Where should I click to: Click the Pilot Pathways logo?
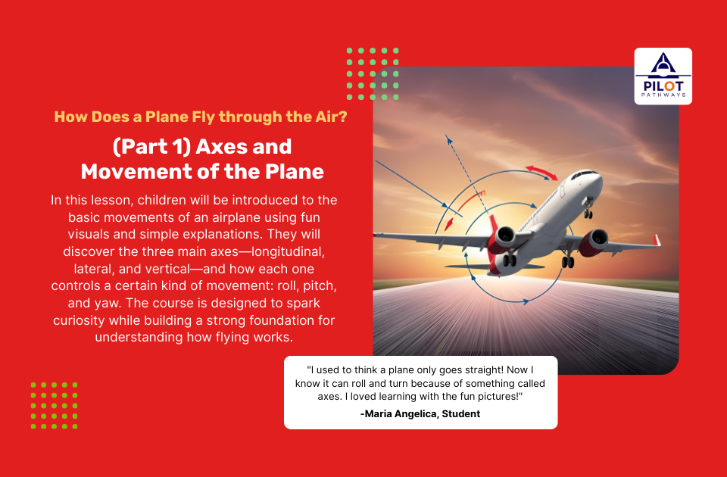coord(663,76)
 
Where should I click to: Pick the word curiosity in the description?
coord(81,320)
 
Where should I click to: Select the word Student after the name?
coord(460,413)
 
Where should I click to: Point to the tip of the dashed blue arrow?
coord(447,138)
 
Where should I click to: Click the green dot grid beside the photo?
coord(373,73)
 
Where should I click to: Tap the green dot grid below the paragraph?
coord(54,406)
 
